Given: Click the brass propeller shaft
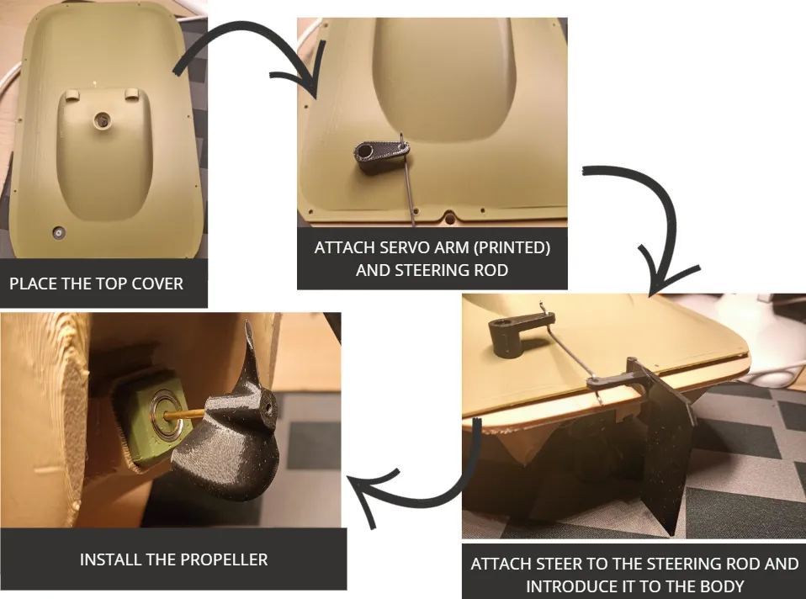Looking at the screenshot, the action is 186,413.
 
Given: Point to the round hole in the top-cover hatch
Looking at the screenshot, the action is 103,120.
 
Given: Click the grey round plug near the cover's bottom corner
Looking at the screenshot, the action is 59,233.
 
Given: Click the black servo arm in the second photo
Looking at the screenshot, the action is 381,156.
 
